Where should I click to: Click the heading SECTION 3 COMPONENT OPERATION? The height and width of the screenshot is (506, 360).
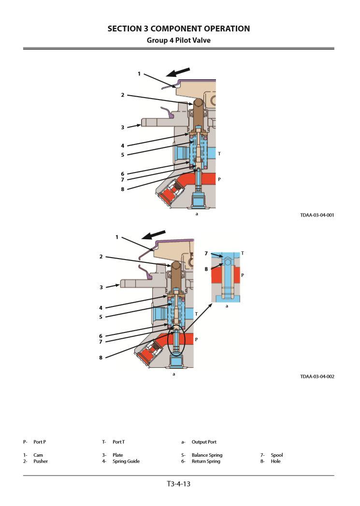(x=179, y=29)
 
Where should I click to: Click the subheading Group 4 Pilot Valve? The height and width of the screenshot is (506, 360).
(x=179, y=41)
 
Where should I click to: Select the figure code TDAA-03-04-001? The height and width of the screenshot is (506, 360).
(x=317, y=215)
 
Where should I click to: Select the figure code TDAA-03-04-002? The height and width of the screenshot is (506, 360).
(x=317, y=376)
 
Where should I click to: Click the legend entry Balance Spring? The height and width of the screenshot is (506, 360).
(x=207, y=455)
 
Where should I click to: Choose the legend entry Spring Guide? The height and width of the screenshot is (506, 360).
(x=126, y=462)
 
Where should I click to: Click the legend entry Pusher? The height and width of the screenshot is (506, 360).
(x=41, y=462)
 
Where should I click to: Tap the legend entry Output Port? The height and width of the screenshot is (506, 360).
(x=204, y=442)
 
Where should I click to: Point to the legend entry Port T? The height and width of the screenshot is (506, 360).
(x=118, y=442)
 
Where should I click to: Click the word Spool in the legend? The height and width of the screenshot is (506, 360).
(x=277, y=455)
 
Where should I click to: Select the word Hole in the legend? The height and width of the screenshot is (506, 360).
(x=275, y=462)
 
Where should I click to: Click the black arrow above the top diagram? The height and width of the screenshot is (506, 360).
(x=178, y=72)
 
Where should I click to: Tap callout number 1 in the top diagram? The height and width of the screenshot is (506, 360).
(x=139, y=74)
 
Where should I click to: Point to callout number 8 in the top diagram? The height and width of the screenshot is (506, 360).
(x=123, y=189)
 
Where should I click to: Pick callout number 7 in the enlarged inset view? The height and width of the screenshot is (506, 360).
(x=206, y=253)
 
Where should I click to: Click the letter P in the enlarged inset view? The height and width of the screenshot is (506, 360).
(x=243, y=275)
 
